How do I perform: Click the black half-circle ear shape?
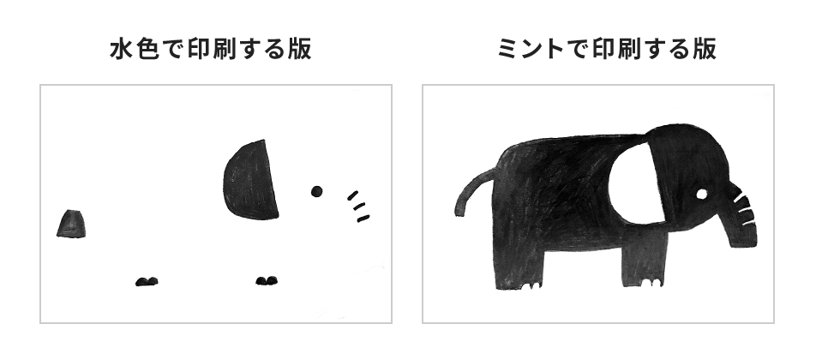[251, 179]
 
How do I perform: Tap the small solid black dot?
[316, 191]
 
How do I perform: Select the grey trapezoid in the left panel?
[71, 224]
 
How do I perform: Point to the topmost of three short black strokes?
[353, 195]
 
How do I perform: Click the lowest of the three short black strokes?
[363, 219]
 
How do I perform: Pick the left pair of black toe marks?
[147, 281]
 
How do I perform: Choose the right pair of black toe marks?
[267, 281]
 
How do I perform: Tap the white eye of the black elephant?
[701, 194]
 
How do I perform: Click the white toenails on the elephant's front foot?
[651, 283]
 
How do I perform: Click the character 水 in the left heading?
[122, 50]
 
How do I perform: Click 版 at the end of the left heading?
[299, 50]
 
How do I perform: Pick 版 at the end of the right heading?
[704, 50]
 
